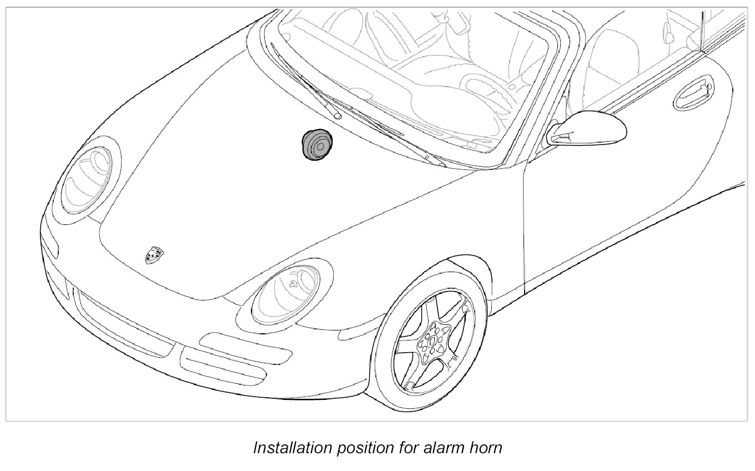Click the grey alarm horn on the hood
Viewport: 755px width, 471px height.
[315, 145]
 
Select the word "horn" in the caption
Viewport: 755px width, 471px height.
[485, 448]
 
